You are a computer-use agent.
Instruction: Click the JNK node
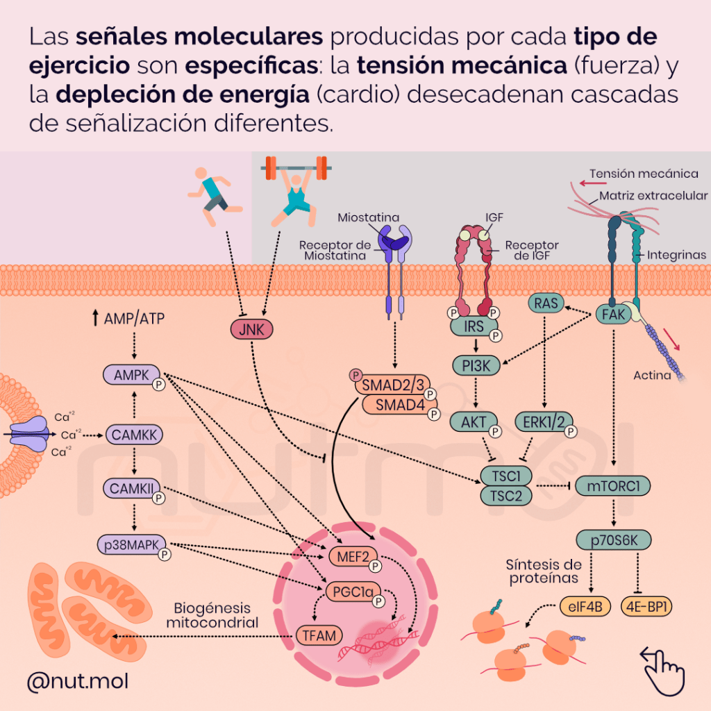[251, 329]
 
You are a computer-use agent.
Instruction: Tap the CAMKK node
[134, 435]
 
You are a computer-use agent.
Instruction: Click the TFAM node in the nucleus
[319, 635]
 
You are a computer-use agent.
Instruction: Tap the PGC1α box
[351, 592]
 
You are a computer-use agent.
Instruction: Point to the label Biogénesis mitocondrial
[212, 615]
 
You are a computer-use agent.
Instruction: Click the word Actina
[652, 376]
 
